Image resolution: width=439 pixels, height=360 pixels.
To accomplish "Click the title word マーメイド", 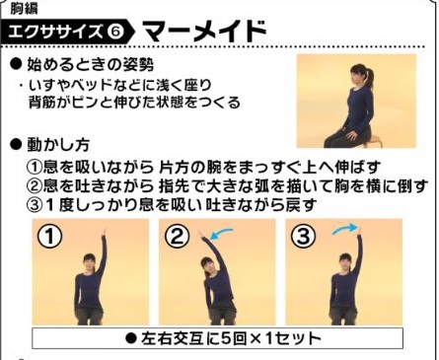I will tap(205, 34).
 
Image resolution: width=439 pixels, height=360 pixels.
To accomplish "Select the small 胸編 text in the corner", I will tap(21, 8).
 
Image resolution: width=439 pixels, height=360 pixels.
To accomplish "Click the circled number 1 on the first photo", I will tap(49, 238).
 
